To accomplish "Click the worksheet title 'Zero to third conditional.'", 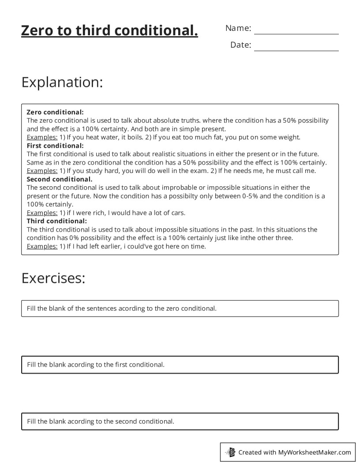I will [109, 31].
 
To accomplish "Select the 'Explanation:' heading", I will [62, 83].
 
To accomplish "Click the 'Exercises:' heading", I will [53, 278].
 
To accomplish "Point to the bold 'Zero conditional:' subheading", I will [55, 112].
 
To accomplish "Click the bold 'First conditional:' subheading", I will [55, 146].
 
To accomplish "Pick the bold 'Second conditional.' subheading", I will [60, 179].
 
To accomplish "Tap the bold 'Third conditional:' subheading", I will [57, 221].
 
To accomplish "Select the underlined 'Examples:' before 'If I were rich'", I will [42, 213].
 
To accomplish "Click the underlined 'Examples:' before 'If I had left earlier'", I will [42, 246].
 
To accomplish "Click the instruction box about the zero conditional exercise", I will [180, 308].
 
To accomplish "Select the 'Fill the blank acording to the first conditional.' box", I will [180, 365].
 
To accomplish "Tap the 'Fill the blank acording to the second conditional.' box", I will [180, 421].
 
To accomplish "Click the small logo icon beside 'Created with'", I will [230, 452].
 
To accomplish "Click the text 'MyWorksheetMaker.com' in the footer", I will [315, 452].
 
